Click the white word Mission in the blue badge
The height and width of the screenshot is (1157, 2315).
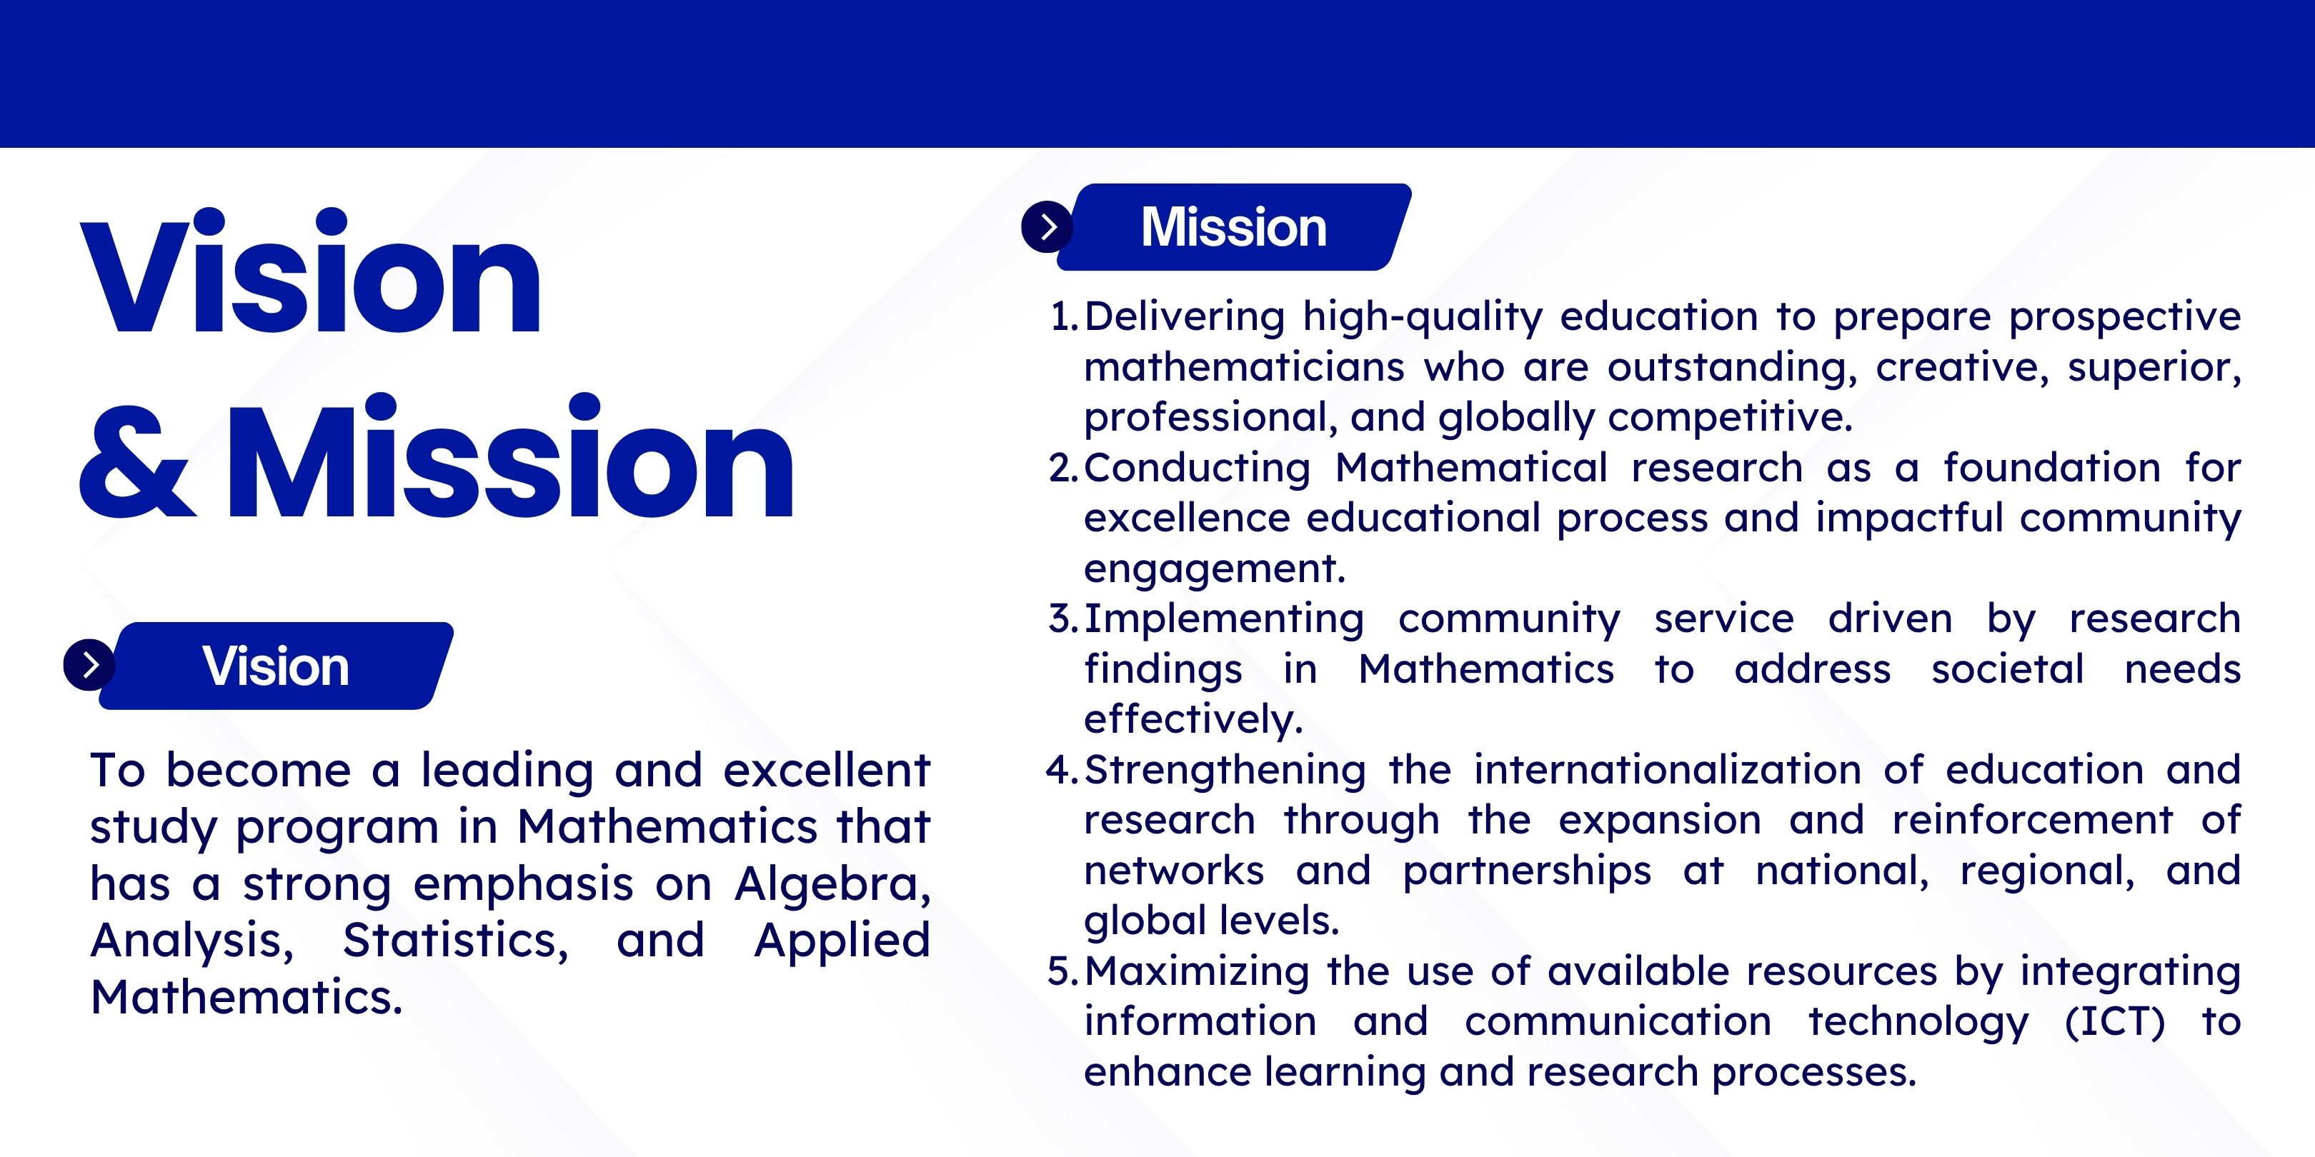1234,226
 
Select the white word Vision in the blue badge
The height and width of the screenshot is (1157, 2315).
276,666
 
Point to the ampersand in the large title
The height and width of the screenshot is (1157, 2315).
136,460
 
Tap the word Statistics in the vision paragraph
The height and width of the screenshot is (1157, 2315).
456,941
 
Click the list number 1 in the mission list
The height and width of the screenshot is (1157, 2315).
1063,316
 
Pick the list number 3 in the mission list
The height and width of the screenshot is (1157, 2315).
1063,619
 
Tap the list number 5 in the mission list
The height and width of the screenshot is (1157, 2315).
1063,971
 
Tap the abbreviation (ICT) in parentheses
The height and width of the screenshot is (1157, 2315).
2116,1022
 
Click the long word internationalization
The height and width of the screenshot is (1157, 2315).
1668,770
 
